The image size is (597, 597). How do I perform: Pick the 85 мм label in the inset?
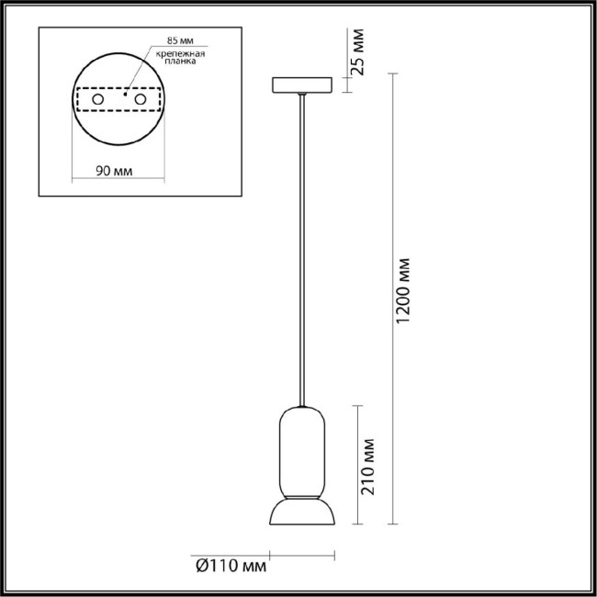[181, 42]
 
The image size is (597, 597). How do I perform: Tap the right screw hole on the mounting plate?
[141, 97]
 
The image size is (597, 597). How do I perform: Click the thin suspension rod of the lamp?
[300, 248]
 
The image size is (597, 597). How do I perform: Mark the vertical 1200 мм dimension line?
[393, 294]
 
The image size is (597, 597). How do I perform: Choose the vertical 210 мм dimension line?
[357, 464]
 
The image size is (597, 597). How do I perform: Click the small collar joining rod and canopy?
[300, 96]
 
